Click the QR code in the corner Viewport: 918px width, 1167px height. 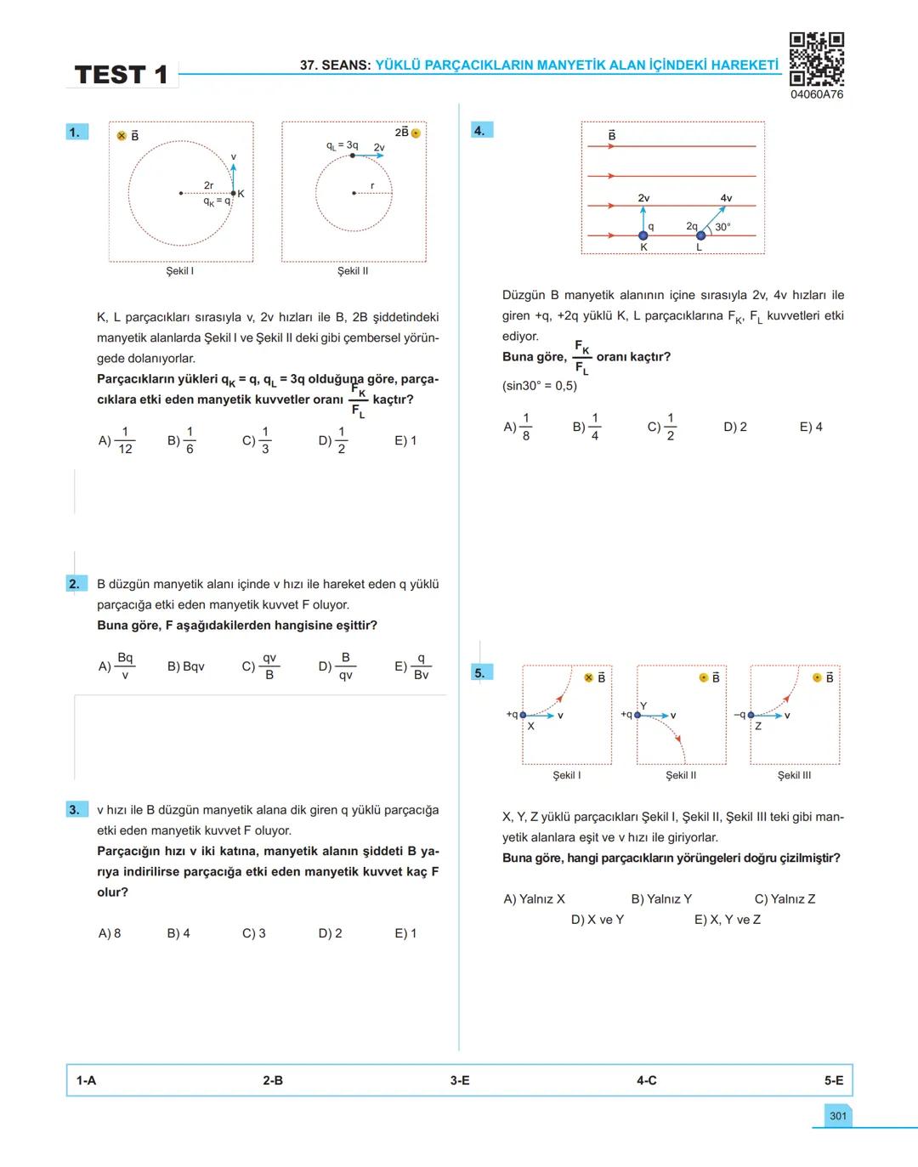(x=816, y=59)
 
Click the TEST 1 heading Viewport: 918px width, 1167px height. (x=121, y=75)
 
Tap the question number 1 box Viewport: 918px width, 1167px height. (x=75, y=132)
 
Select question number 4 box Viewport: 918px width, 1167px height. (x=480, y=130)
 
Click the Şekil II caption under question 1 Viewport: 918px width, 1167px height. (x=353, y=271)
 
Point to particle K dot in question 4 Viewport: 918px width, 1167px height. (x=643, y=235)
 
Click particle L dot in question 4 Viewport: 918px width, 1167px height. (x=700, y=235)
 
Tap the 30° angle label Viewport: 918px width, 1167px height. (x=722, y=227)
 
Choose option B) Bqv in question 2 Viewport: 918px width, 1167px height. (x=185, y=666)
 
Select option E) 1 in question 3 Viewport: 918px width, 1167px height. (x=405, y=933)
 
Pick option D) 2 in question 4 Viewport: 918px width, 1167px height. (x=735, y=427)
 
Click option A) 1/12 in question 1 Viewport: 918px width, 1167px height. (x=116, y=440)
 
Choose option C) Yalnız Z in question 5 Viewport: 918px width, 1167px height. (x=785, y=898)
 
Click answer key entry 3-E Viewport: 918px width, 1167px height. (x=460, y=1080)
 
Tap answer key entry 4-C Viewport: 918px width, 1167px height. (x=647, y=1080)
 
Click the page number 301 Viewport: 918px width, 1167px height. (x=838, y=1116)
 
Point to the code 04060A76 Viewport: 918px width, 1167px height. (x=817, y=94)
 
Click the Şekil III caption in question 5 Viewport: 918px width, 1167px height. (x=795, y=775)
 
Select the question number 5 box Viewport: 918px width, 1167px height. (x=480, y=673)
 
